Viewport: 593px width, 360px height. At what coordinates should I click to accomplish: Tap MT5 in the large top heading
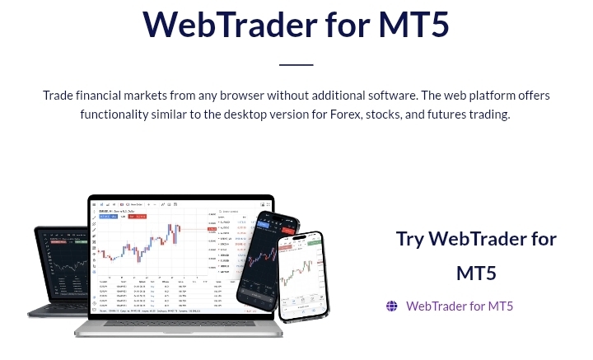tap(413, 24)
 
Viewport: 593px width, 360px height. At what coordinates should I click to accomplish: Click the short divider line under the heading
tap(296, 64)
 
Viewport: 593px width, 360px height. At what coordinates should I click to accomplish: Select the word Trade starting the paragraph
tap(60, 96)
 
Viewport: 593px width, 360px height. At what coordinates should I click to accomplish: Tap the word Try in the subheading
tap(410, 239)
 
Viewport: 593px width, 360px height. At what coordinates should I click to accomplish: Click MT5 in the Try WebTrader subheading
tap(476, 273)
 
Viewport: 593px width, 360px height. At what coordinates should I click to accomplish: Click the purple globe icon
tap(392, 306)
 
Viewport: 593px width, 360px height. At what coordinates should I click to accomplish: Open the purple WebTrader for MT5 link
tap(459, 306)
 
